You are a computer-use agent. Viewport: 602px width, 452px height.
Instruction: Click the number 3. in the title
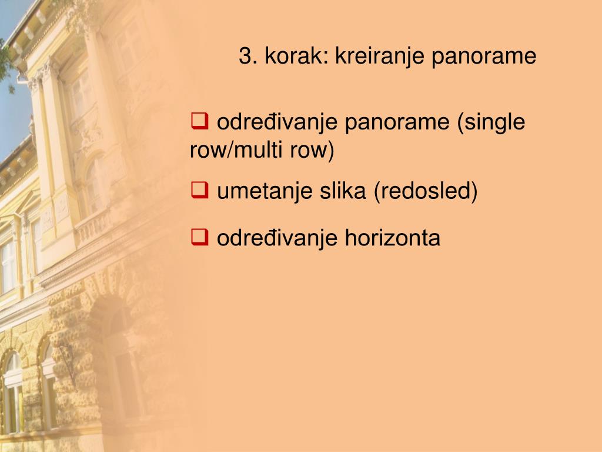tap(248, 56)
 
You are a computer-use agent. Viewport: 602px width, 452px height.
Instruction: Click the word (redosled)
tap(426, 191)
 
